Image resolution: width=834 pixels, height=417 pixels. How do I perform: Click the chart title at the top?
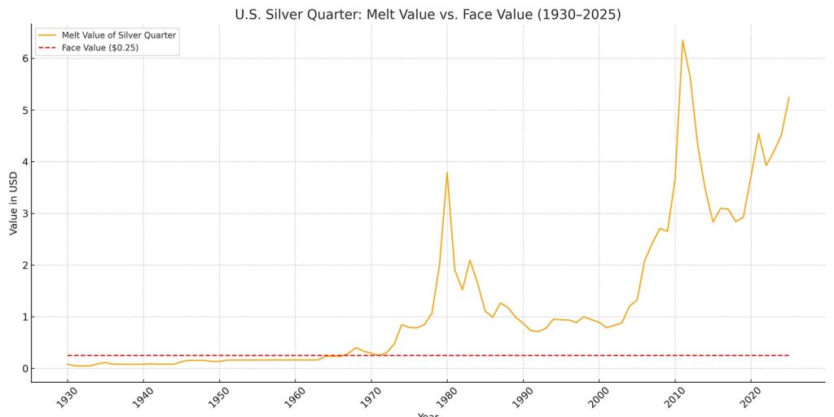pyautogui.click(x=428, y=15)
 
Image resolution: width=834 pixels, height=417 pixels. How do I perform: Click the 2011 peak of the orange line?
pyautogui.click(x=683, y=40)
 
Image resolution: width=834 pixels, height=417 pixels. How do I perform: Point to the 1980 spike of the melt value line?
pyautogui.click(x=447, y=172)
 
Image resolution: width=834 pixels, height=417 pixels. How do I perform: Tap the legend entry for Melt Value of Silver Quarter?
pyautogui.click(x=119, y=35)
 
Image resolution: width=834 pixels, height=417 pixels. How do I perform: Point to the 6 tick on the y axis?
pyautogui.click(x=25, y=59)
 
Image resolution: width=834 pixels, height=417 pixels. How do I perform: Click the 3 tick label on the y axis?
pyautogui.click(x=25, y=213)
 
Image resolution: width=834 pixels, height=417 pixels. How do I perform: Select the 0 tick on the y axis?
pyautogui.click(x=25, y=369)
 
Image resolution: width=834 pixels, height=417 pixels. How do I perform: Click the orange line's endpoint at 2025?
pyautogui.click(x=788, y=98)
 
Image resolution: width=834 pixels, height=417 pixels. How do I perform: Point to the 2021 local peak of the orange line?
pyautogui.click(x=758, y=134)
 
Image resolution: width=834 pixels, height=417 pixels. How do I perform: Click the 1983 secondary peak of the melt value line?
pyautogui.click(x=470, y=261)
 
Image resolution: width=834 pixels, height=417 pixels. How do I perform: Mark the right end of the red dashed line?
pyautogui.click(x=788, y=355)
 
